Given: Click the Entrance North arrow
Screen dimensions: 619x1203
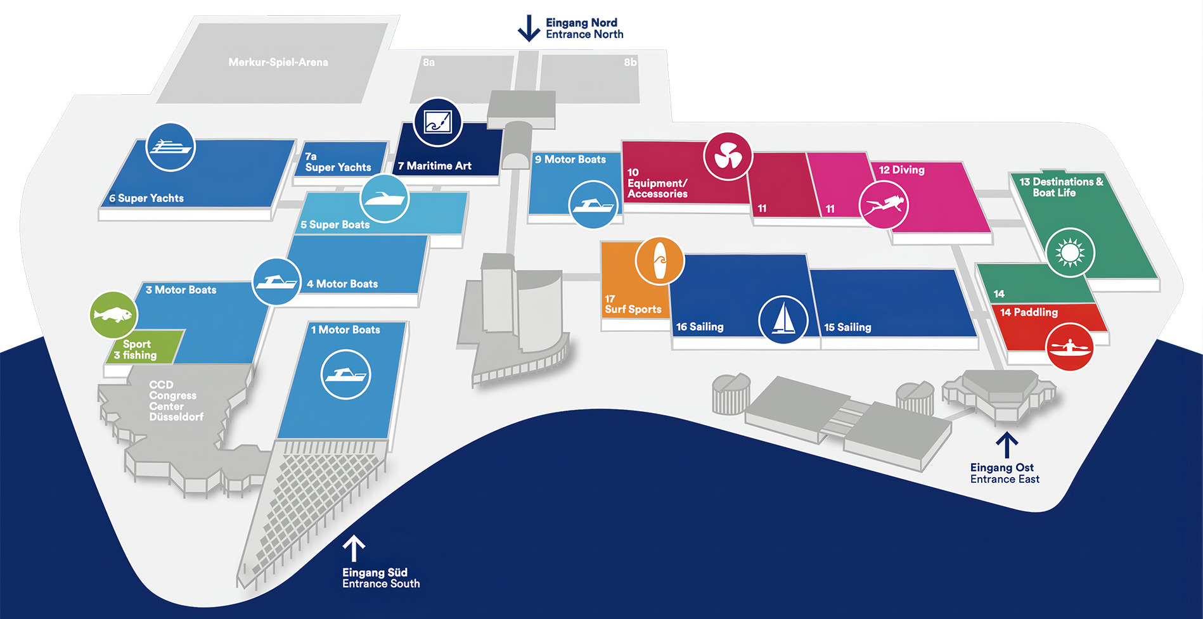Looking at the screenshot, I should (529, 29).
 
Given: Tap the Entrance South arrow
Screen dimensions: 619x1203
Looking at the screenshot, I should (354, 549).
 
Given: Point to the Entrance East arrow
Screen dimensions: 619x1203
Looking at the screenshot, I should (1007, 445).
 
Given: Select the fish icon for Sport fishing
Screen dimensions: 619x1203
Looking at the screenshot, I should (113, 315).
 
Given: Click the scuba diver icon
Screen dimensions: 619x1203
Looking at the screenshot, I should (884, 205).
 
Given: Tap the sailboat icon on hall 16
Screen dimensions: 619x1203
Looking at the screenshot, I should (783, 319).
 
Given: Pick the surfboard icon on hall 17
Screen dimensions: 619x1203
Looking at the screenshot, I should (660, 260).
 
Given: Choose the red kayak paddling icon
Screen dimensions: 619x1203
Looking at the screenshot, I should (1070, 347).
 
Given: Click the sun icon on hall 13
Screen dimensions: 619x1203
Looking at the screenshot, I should (1070, 253).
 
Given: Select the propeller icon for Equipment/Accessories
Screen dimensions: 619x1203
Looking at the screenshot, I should (728, 156).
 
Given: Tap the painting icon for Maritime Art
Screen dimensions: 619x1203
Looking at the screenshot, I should (437, 122).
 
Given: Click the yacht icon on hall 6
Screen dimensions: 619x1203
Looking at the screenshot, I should (170, 147).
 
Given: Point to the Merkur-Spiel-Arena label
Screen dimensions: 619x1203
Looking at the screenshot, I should (278, 62).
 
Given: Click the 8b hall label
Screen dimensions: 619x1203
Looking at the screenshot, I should (630, 62).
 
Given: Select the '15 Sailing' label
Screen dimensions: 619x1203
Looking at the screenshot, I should (847, 327).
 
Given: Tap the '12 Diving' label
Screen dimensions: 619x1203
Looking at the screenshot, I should (901, 170).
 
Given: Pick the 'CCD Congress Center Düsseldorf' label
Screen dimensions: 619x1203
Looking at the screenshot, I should (176, 400).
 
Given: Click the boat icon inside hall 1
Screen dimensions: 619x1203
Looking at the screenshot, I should (345, 374).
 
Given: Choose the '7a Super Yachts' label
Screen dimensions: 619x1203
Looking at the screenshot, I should (338, 162).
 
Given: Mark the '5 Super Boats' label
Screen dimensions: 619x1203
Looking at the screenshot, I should (335, 224).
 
